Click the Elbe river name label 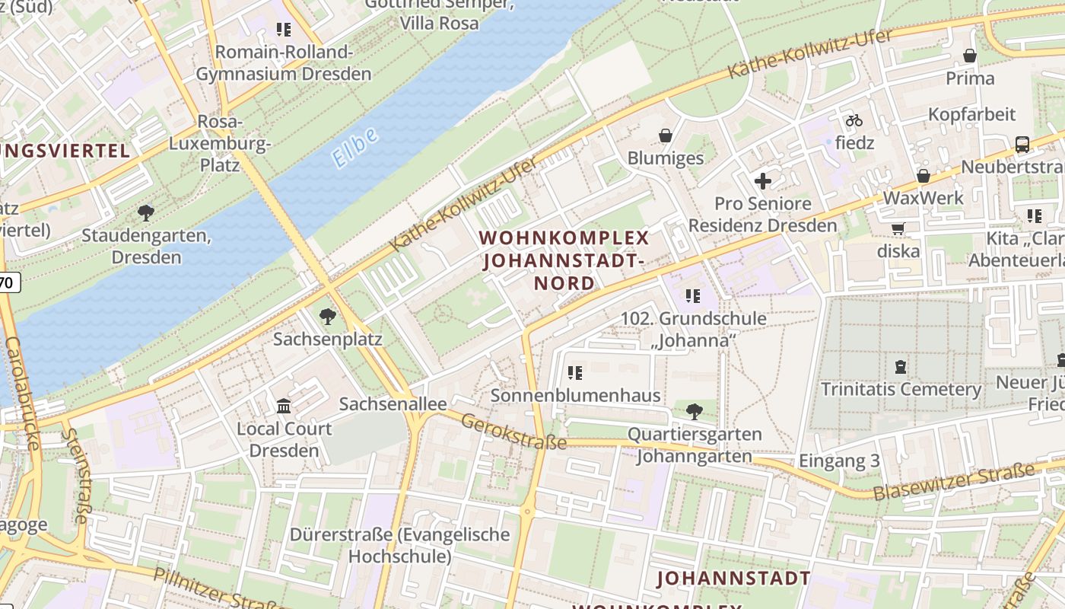pyautogui.click(x=354, y=148)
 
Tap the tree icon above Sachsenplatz pyautogui.click(x=328, y=316)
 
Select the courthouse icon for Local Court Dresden pyautogui.click(x=284, y=406)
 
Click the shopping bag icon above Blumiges pyautogui.click(x=666, y=136)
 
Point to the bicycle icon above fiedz pyautogui.click(x=854, y=120)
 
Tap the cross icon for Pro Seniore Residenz pyautogui.click(x=762, y=181)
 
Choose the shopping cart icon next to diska pyautogui.click(x=898, y=228)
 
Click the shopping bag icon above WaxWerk pyautogui.click(x=924, y=176)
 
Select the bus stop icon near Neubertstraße pyautogui.click(x=1022, y=144)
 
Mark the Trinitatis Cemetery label pyautogui.click(x=901, y=389)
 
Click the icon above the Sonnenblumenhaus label pyautogui.click(x=575, y=373)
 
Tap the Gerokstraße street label pyautogui.click(x=513, y=432)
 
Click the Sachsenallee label pyautogui.click(x=393, y=403)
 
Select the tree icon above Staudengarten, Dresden pyautogui.click(x=145, y=213)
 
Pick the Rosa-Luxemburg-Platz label pyautogui.click(x=220, y=143)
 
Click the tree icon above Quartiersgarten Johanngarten pyautogui.click(x=694, y=412)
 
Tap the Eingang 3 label pyautogui.click(x=839, y=461)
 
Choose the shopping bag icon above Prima pyautogui.click(x=970, y=56)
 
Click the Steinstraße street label pyautogui.click(x=77, y=476)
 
